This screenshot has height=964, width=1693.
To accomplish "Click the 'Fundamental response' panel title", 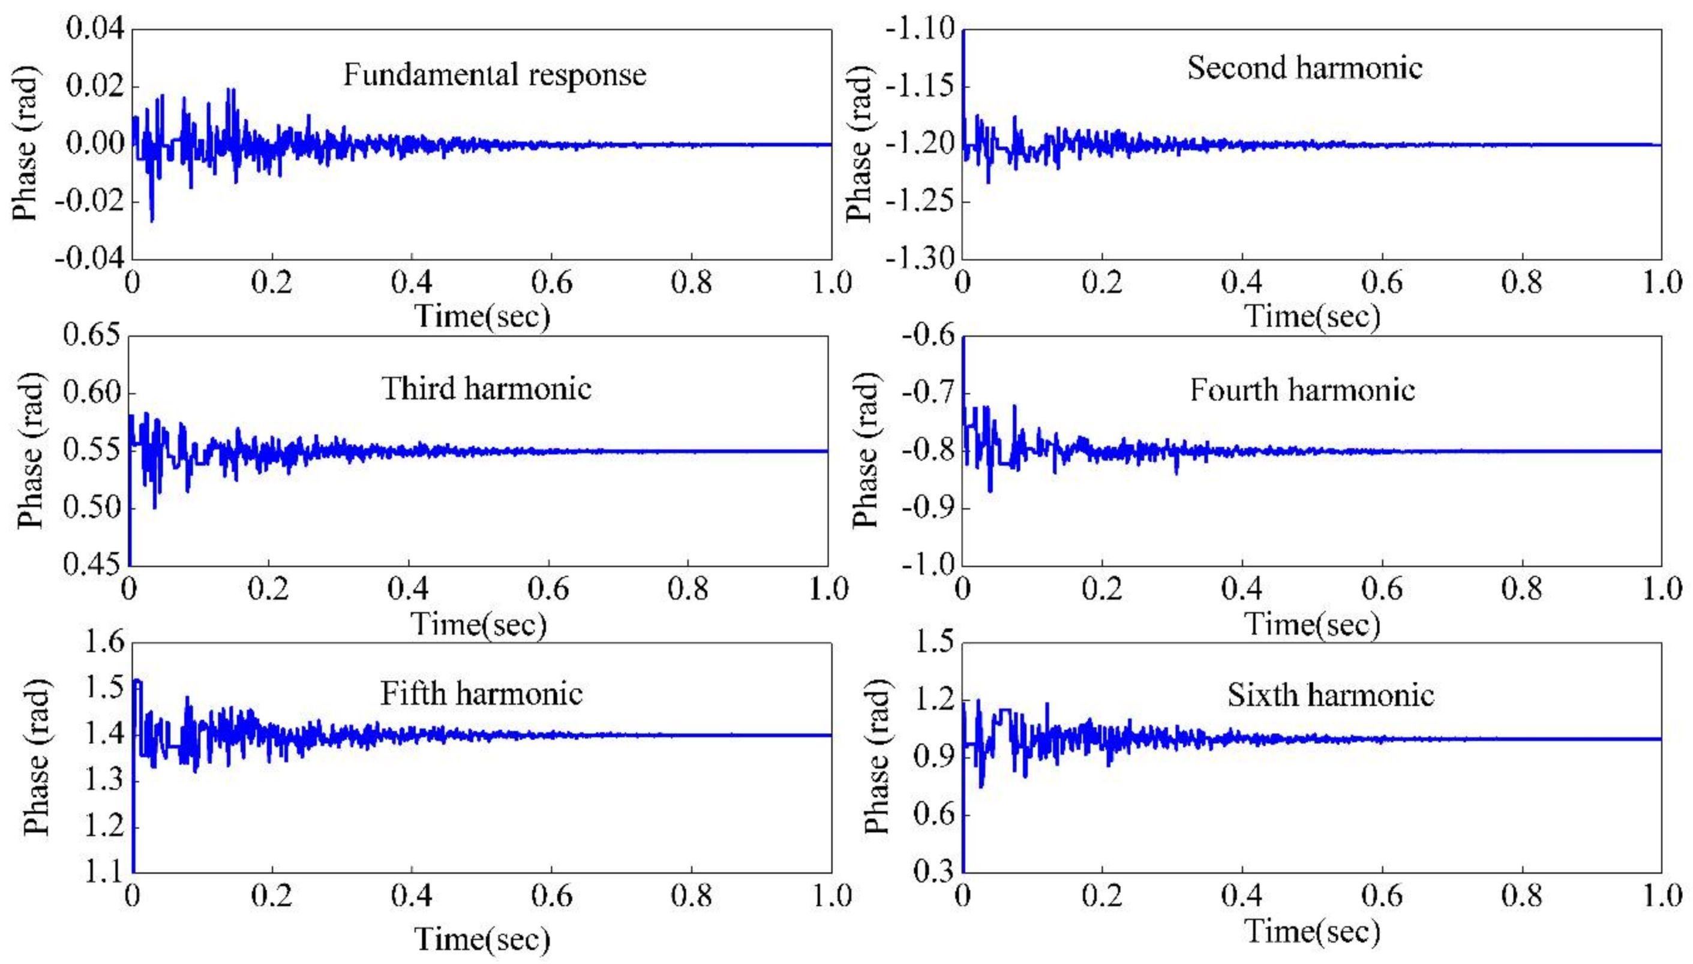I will pyautogui.click(x=494, y=75).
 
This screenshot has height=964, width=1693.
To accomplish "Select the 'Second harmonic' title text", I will pyautogui.click(x=1304, y=68).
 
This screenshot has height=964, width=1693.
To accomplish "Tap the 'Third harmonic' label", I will pyautogui.click(x=486, y=388).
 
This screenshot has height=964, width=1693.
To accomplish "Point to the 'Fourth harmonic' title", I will pyautogui.click(x=1302, y=390).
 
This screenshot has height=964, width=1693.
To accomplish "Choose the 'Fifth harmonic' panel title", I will pyautogui.click(x=482, y=694).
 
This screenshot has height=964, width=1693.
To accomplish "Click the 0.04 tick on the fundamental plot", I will pyautogui.click(x=95, y=30).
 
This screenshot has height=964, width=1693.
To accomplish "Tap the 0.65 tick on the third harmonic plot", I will pyautogui.click(x=91, y=336).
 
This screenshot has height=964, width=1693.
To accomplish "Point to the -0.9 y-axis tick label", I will pyautogui.click(x=927, y=508).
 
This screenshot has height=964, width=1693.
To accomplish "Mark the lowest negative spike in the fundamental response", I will pyautogui.click(x=152, y=220).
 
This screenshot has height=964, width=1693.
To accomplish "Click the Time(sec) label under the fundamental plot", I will pyautogui.click(x=482, y=316).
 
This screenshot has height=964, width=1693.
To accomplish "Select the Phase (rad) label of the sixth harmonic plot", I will pyautogui.click(x=876, y=757).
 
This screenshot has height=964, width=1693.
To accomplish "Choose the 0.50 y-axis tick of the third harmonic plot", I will pyautogui.click(x=91, y=508).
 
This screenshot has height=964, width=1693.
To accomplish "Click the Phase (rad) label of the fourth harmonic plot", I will pyautogui.click(x=865, y=450).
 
